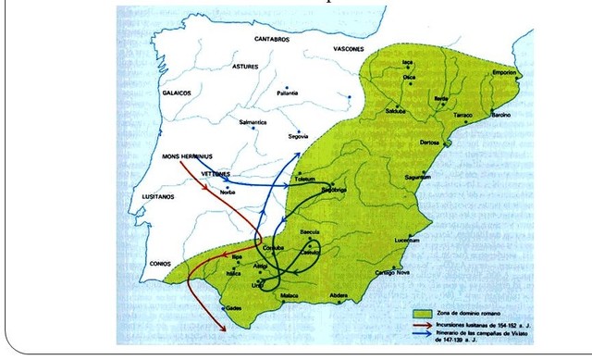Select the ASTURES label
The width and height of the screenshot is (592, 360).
[246, 67]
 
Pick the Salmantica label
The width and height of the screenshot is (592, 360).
[253, 122]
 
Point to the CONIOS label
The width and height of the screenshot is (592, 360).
[162, 264]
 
